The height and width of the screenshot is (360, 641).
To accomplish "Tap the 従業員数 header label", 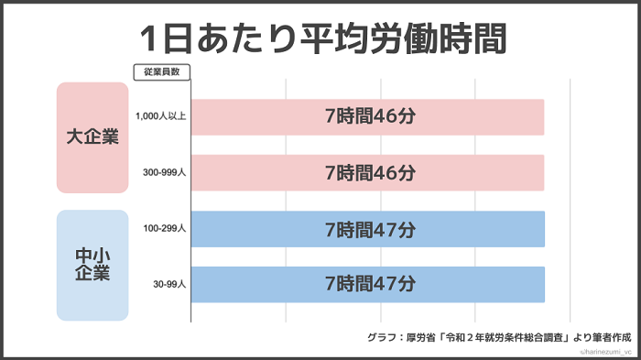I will coord(162,71).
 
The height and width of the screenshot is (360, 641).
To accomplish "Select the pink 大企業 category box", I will coord(92,137).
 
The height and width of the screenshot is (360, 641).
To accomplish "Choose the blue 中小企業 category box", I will coord(92,266).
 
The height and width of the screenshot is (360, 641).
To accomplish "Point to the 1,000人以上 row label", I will coord(160,117).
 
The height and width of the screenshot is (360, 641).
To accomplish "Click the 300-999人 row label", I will coord(166,172).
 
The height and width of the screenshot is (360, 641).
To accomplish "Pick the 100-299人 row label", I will coord(166,229).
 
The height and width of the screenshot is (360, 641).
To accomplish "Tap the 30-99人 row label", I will coord(169,285).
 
